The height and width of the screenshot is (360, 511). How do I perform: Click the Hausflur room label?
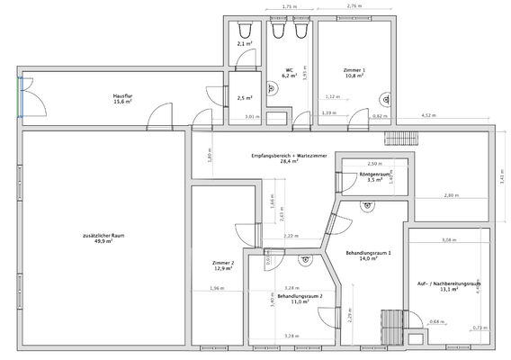click(x=123, y=94)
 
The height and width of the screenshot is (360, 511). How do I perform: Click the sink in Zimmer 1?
click(x=387, y=99)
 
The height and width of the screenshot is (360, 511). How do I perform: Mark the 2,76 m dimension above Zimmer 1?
click(x=354, y=6)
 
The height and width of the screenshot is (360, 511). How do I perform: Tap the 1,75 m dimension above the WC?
click(x=288, y=6)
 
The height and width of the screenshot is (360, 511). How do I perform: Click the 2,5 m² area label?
click(x=243, y=98)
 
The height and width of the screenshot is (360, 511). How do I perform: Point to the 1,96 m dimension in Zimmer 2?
click(x=216, y=288)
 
